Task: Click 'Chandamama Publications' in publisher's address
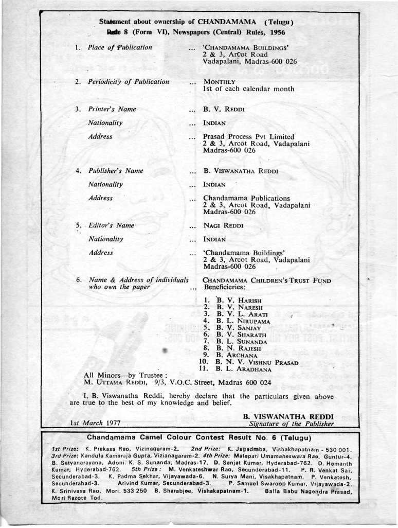pyautogui.click(x=246, y=198)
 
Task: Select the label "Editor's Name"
pyautogui.click(x=111, y=225)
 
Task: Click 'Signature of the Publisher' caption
pyautogui.click(x=292, y=424)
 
